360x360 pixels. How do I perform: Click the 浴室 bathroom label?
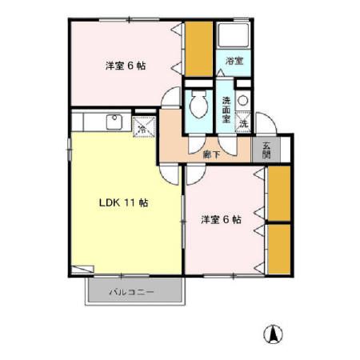233,61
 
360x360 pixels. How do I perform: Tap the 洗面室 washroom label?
226,108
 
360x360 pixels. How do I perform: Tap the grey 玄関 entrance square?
266,150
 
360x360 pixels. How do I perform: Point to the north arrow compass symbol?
274,334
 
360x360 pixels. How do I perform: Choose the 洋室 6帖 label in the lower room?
222,218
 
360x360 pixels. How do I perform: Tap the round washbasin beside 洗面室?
243,102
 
